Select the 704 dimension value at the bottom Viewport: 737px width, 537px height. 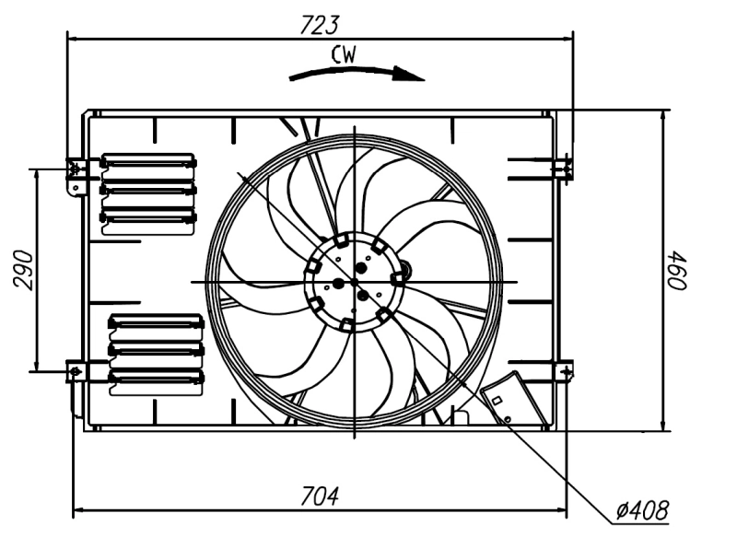[x=321, y=495]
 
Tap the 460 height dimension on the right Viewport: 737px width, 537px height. [x=678, y=269]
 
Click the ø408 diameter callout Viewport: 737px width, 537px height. [x=642, y=508]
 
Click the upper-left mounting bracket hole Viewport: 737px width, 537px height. [x=75, y=169]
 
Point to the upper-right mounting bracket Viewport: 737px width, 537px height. [x=563, y=169]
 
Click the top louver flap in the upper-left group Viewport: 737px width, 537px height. [x=148, y=162]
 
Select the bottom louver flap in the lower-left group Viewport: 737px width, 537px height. [x=155, y=378]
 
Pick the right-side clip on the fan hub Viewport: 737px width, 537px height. [x=399, y=277]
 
